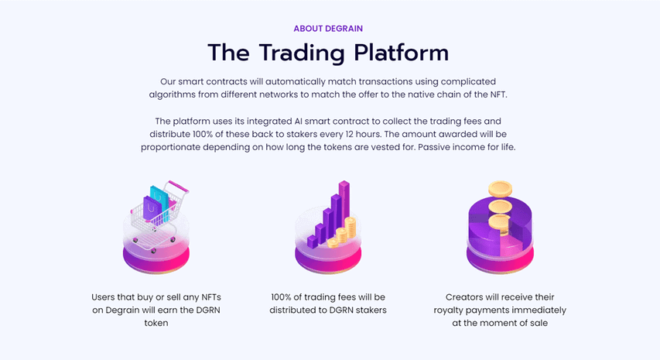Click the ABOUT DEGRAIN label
tap(328, 29)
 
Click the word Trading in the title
tap(302, 53)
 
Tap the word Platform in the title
tap(401, 53)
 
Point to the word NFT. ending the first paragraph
tap(499, 94)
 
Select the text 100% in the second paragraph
tap(203, 134)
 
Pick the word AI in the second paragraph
tap(298, 122)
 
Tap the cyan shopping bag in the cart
tap(160, 202)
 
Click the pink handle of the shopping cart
tap(179, 187)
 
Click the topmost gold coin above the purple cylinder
tap(500, 189)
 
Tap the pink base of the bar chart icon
tap(328, 259)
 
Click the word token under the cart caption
tap(156, 323)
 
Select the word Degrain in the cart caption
tap(121, 310)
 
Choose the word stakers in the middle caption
tap(371, 310)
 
